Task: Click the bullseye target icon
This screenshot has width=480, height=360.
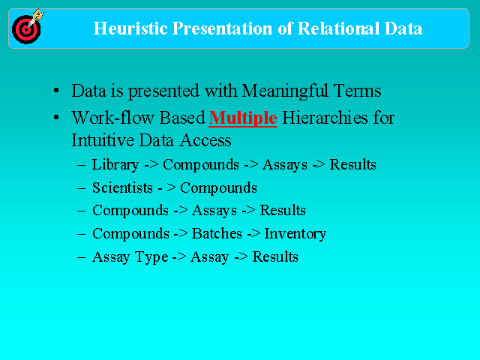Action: [27, 28]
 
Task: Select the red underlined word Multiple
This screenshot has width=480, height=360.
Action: [243, 118]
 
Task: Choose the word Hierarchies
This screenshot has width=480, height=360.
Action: [325, 118]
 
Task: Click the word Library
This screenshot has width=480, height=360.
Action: [115, 165]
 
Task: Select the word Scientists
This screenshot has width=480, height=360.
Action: [122, 187]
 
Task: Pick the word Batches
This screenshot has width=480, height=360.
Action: [217, 233]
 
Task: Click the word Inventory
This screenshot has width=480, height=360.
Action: [295, 234]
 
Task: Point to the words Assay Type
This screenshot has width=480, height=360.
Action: [130, 257]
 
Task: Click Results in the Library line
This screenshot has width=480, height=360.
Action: [352, 164]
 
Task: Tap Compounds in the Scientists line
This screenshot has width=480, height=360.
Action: [218, 188]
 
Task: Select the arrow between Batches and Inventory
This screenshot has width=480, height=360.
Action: [253, 234]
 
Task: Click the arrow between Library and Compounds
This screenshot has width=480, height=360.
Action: [151, 165]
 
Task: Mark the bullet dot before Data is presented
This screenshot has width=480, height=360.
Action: [56, 91]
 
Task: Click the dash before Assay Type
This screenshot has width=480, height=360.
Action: [81, 256]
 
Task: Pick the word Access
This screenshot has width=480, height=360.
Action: [205, 140]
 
